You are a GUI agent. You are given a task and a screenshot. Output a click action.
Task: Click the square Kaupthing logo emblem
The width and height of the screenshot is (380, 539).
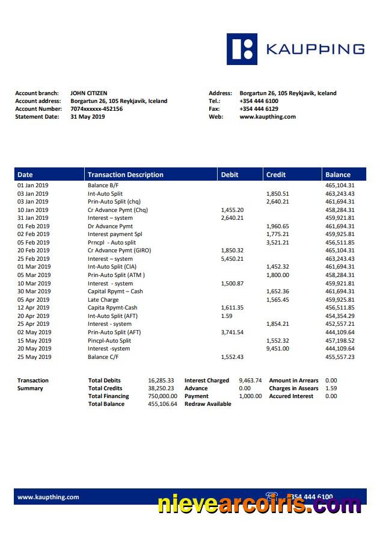pos(242,49)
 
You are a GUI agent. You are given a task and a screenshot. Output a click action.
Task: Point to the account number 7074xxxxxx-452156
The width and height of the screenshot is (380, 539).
pos(96,109)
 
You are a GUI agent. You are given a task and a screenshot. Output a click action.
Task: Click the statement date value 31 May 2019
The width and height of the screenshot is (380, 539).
pos(87,117)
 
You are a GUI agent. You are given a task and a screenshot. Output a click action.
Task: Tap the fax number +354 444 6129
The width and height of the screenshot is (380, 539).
pos(259,109)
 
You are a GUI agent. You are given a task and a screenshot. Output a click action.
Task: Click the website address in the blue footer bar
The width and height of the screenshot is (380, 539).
pos(48,497)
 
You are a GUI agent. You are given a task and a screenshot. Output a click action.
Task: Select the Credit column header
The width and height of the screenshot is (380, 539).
pos(276,175)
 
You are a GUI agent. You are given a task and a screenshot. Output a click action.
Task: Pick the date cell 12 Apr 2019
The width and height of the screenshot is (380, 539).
pos(33,308)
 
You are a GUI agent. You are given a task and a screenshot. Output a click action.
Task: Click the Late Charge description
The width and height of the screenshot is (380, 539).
pos(103,299)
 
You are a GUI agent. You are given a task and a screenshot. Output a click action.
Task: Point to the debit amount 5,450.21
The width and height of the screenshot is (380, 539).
pos(232,258)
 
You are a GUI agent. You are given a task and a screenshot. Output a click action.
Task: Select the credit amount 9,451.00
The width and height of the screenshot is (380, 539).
pos(278,349)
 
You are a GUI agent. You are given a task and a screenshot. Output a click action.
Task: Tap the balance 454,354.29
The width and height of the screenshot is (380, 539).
pos(340,316)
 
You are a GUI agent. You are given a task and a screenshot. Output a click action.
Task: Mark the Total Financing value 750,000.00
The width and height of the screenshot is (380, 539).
pos(162,396)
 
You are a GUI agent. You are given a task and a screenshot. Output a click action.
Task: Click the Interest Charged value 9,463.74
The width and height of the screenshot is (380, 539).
pos(250,381)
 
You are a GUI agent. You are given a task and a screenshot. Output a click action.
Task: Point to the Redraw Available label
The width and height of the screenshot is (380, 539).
pos(207,404)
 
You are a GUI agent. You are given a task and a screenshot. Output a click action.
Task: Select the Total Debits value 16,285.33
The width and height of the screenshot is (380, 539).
pos(161,381)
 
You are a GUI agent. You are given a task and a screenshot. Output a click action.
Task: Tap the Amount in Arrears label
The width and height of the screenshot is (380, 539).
pos(293,381)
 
